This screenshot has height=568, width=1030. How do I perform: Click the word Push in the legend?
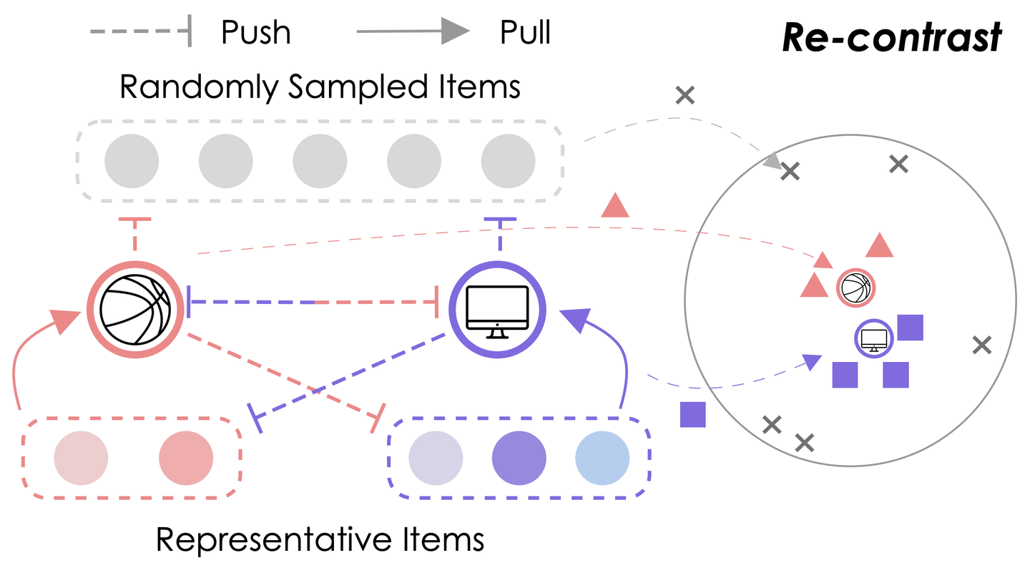click(x=255, y=32)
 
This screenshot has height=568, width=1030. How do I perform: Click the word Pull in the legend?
click(x=525, y=32)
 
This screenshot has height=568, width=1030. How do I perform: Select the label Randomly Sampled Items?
click(x=320, y=87)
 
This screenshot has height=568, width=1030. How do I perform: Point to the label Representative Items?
click(x=320, y=539)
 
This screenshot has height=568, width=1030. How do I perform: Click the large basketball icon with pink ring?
click(x=134, y=308)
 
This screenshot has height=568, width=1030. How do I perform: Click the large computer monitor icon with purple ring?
click(x=497, y=308)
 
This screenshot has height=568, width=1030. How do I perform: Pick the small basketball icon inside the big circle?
click(x=855, y=288)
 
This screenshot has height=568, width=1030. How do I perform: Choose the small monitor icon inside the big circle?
click(x=873, y=338)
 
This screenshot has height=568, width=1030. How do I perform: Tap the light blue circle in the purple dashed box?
click(x=602, y=458)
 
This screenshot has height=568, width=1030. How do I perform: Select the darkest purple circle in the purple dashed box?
click(x=519, y=458)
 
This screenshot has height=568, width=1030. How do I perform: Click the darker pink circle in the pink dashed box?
click(x=186, y=458)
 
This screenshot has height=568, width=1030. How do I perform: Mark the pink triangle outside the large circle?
click(x=615, y=206)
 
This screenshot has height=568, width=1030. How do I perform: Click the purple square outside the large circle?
click(x=692, y=414)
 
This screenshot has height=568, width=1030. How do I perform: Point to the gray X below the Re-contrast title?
click(x=685, y=94)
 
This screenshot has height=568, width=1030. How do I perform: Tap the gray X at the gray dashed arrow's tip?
click(x=790, y=171)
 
